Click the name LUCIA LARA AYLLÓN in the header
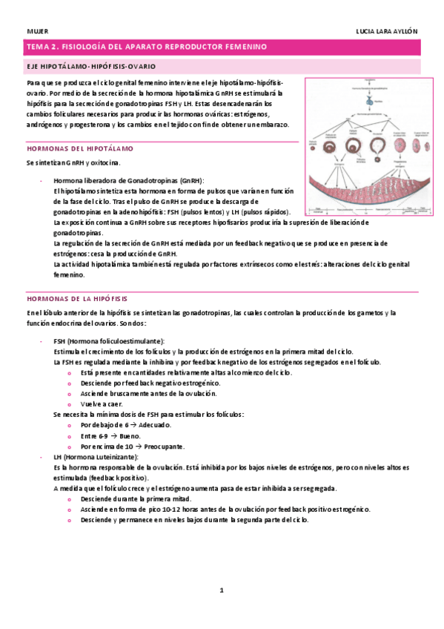387,31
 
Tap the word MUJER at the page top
37,31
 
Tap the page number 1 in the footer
221,590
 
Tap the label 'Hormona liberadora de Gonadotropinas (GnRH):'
129,181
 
